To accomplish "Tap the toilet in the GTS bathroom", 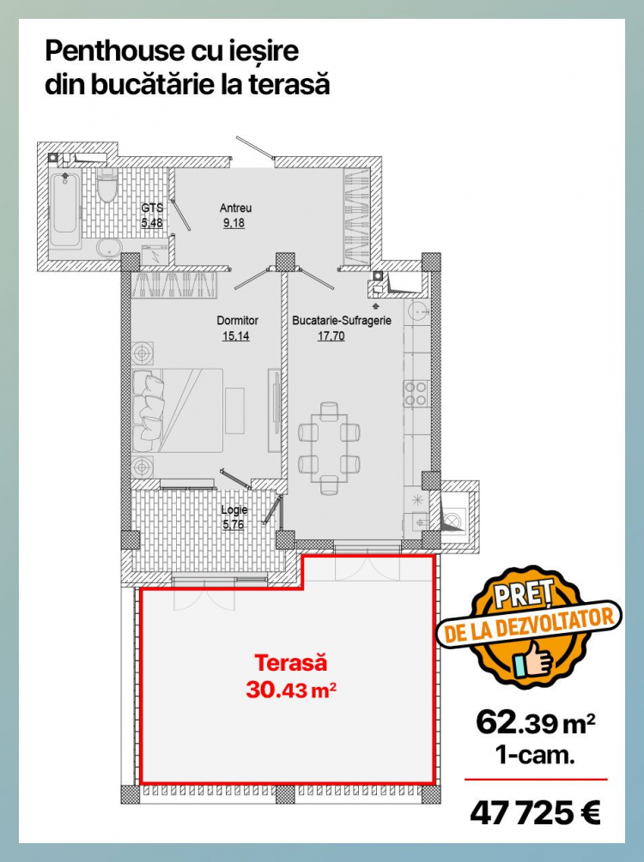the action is pyautogui.click(x=107, y=184).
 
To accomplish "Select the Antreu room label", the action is pyautogui.click(x=235, y=208).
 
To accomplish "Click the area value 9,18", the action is pyautogui.click(x=234, y=223).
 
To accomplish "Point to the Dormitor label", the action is pyautogui.click(x=237, y=320).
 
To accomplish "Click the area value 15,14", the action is pyautogui.click(x=235, y=336).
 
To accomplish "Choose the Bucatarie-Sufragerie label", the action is pyautogui.click(x=342, y=320).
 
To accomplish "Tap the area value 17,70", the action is pyautogui.click(x=331, y=336).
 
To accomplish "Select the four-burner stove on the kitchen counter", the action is pyautogui.click(x=416, y=393).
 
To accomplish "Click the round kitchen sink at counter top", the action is pyautogui.click(x=419, y=311).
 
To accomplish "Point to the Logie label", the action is pyautogui.click(x=234, y=509).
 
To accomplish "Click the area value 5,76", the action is pyautogui.click(x=234, y=524).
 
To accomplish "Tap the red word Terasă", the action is pyautogui.click(x=290, y=662).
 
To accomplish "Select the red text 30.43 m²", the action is pyautogui.click(x=291, y=690).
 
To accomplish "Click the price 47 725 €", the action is pyautogui.click(x=535, y=812).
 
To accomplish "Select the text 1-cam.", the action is pyautogui.click(x=535, y=755).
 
